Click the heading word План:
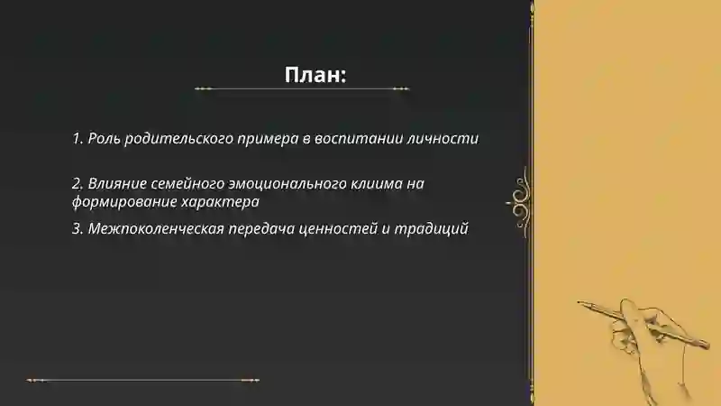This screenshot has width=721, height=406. [x=315, y=75]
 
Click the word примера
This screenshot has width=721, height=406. [x=268, y=139]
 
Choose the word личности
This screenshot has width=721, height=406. [x=445, y=139]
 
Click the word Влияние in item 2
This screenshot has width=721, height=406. [x=115, y=183]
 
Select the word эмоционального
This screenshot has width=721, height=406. [x=291, y=183]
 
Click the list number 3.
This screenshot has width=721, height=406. [x=77, y=228]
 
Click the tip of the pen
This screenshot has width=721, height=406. [x=580, y=302]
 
